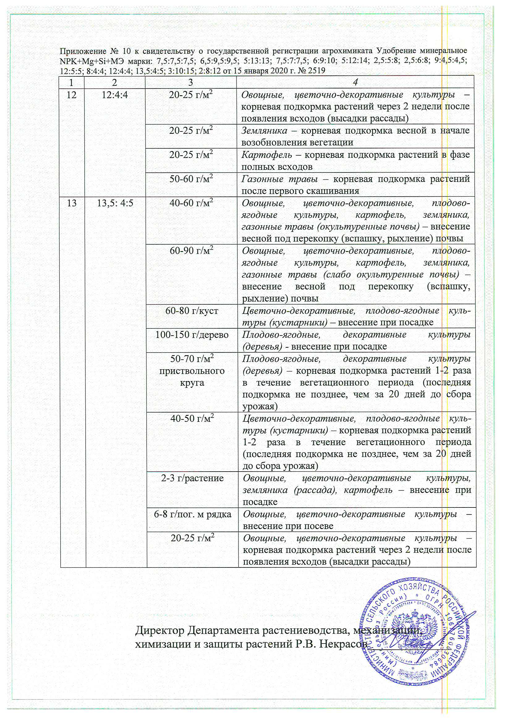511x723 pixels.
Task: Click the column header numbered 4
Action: [355, 83]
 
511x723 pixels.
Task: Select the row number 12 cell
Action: [71, 95]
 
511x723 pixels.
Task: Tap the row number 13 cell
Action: [72, 203]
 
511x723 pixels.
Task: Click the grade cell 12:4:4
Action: [115, 95]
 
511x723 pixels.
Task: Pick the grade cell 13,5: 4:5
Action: [115, 203]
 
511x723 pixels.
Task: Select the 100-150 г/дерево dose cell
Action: [192, 335]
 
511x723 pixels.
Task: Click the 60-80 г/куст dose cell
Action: [192, 311]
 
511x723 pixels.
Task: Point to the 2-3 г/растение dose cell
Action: [192, 478]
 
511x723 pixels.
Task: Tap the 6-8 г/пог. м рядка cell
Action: [192, 514]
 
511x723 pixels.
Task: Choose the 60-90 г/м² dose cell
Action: [191, 251]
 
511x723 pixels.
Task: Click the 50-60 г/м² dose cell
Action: [191, 179]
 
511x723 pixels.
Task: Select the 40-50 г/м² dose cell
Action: [192, 419]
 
